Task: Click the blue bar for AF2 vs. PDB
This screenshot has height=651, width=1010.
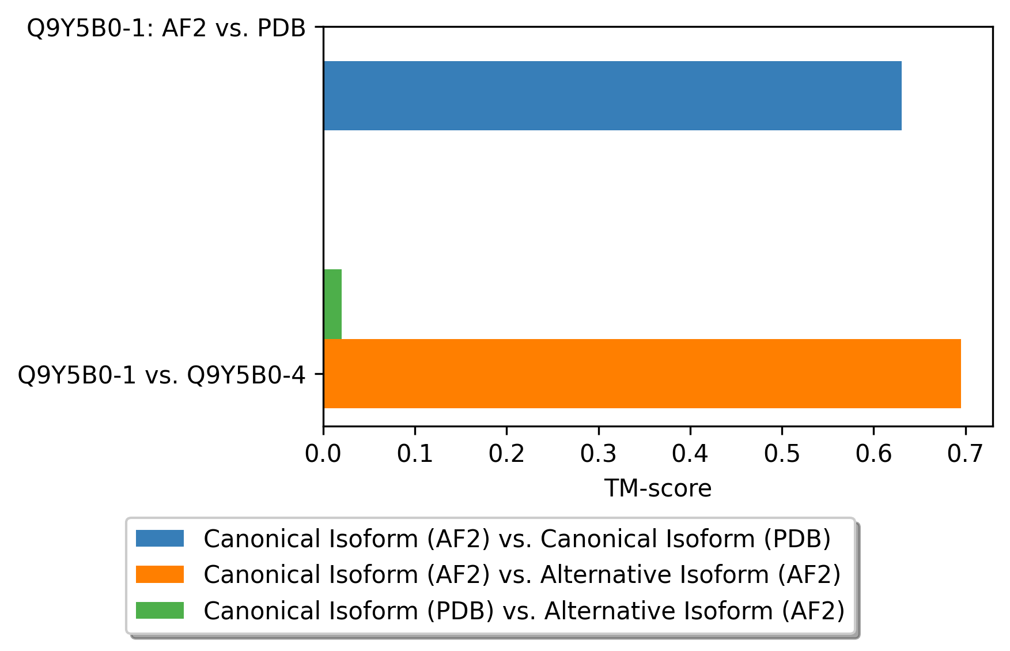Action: click(612, 96)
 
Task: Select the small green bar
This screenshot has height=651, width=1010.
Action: click(333, 304)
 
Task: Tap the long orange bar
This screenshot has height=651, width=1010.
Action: click(642, 374)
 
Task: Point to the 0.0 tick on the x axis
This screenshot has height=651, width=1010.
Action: click(323, 454)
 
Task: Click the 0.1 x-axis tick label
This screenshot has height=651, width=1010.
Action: click(415, 454)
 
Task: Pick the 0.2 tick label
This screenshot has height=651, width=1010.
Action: click(506, 454)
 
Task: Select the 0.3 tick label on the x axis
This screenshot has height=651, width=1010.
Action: click(599, 454)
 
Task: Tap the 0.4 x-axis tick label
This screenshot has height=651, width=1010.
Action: click(690, 454)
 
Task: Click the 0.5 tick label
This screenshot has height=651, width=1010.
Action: click(782, 454)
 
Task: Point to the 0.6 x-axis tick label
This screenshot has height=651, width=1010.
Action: click(873, 454)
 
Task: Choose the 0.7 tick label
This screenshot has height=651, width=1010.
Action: click(965, 454)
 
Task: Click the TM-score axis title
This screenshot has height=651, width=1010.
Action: click(658, 488)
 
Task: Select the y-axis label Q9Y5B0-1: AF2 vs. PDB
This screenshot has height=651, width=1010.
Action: click(167, 28)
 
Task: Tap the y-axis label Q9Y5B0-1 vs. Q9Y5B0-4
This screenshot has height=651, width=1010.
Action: click(162, 375)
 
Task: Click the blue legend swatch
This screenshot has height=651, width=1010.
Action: click(160, 539)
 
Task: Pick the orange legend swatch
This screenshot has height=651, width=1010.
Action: click(160, 574)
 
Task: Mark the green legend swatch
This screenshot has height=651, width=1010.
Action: click(160, 610)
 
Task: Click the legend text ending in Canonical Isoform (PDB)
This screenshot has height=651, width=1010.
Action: click(517, 539)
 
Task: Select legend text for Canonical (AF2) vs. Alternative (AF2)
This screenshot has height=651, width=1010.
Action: click(522, 574)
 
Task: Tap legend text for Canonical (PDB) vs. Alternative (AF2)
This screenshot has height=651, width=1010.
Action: click(524, 610)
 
